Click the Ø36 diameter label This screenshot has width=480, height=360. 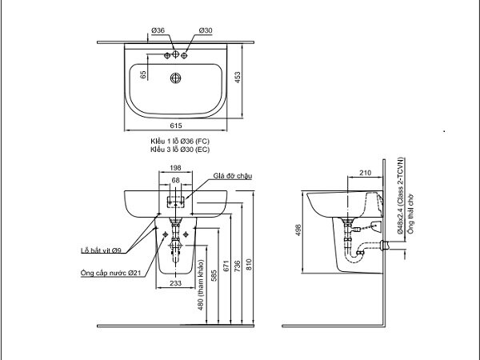click(x=158, y=30)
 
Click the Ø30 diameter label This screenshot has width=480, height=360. click(x=206, y=30)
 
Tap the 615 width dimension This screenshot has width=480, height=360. click(x=176, y=126)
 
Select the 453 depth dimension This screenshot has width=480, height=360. click(x=238, y=78)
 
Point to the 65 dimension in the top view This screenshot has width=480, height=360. click(x=143, y=74)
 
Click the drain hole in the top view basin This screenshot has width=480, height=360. click(x=175, y=78)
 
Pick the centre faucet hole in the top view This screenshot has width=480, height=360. click(x=175, y=54)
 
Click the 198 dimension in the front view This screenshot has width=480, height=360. click(x=175, y=168)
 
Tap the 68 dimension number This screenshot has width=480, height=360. click(x=175, y=180)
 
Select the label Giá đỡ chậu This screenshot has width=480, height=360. click(x=233, y=176)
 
